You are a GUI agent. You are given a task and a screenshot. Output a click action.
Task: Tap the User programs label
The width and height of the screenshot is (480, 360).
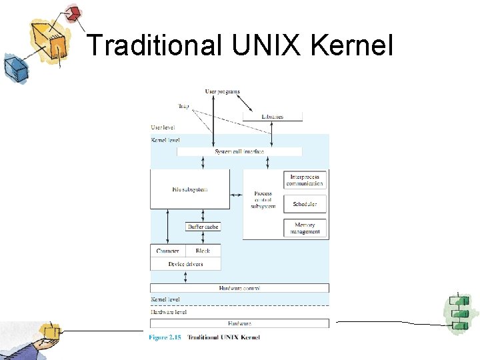click(222, 91)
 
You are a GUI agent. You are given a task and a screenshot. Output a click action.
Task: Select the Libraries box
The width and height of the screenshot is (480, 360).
click(272, 117)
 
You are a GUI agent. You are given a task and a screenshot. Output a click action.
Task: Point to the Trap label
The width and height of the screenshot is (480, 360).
click(184, 105)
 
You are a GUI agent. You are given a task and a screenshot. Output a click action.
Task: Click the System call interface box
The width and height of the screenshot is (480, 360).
click(239, 152)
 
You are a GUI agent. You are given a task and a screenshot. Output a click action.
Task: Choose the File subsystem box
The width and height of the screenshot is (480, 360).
click(190, 189)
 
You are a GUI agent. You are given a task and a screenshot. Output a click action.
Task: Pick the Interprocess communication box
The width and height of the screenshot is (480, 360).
click(305, 180)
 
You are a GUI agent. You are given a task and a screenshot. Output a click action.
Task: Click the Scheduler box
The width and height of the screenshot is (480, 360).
click(305, 204)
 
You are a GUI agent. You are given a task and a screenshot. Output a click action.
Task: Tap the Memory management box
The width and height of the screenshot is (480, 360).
click(305, 228)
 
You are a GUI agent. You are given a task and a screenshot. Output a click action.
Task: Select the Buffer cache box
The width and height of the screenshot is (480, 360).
click(203, 227)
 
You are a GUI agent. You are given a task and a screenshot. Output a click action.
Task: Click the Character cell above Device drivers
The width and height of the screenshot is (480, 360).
click(167, 251)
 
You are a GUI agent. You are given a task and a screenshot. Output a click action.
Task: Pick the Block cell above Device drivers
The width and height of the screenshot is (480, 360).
click(203, 251)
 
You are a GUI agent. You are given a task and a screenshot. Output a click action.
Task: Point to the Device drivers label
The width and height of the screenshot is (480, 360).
click(185, 264)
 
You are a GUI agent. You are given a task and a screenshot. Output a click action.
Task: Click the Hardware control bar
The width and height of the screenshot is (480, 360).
click(239, 288)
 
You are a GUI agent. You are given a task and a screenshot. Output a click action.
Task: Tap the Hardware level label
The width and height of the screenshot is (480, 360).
click(169, 311)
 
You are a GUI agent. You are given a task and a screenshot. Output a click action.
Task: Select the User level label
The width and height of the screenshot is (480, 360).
click(164, 127)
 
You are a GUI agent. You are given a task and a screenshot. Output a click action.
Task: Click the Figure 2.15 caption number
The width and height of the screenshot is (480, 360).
click(164, 337)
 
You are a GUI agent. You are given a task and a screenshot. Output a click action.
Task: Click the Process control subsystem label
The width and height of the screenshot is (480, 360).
click(263, 199)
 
